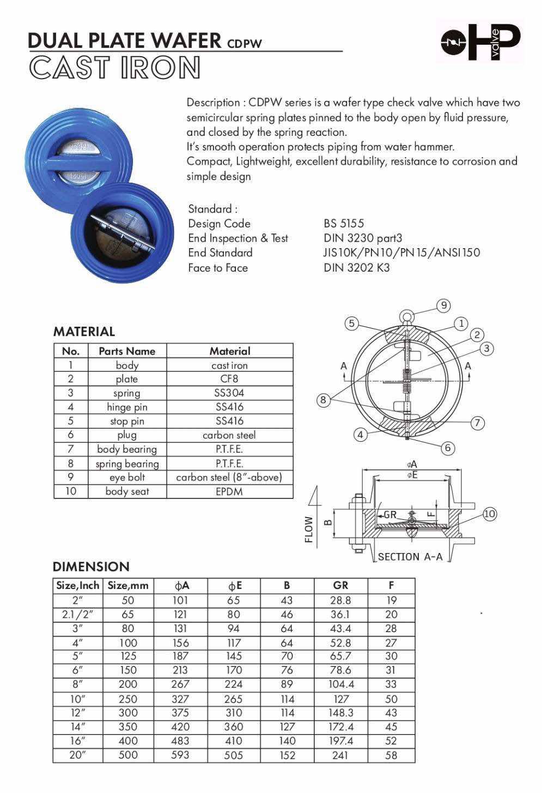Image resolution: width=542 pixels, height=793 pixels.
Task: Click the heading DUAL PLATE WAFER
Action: pos(124,40)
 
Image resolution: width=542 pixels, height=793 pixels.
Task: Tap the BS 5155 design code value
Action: pos(343,223)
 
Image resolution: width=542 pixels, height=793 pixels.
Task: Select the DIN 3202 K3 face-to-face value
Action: pos(356,267)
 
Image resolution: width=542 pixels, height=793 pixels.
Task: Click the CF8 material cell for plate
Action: pos(229,379)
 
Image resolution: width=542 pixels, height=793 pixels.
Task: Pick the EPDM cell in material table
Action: pos(229,491)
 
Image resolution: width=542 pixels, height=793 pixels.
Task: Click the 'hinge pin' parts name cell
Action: pos(127,407)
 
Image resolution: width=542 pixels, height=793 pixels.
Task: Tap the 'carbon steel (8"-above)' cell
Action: pos(229,477)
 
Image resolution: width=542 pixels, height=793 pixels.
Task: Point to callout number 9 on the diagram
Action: pos(444,305)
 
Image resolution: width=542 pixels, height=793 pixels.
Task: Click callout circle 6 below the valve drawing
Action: pos(448,448)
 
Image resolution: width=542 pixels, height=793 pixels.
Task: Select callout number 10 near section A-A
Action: pos(490,514)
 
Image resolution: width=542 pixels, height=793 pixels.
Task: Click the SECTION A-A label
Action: pos(410,557)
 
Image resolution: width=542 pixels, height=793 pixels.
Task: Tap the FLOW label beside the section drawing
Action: pos(309,530)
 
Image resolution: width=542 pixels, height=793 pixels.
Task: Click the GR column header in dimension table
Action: pos(340,585)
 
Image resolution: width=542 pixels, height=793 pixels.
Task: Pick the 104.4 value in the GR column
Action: pos(341,684)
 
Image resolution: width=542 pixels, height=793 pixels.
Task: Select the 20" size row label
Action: pos(77,755)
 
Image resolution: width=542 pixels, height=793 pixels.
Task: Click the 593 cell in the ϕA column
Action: pos(180,755)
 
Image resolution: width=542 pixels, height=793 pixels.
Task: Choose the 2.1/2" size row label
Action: pos(77,614)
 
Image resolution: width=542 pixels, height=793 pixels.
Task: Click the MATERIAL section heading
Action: pos(84,332)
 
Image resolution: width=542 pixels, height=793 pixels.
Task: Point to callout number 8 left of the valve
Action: pos(323,400)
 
